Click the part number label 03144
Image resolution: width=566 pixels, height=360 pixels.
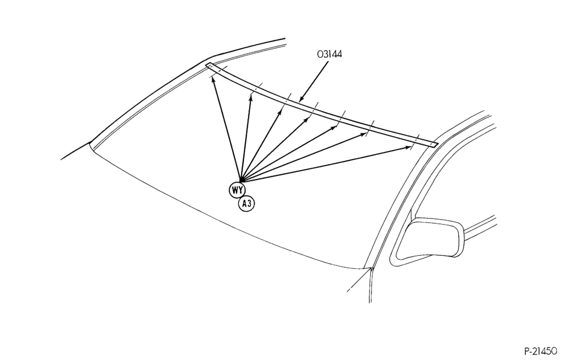[329, 54]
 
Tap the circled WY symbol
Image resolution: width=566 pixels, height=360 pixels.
[237, 190]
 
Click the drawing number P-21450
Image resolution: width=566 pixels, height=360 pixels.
[543, 351]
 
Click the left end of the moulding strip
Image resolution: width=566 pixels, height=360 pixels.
[208, 65]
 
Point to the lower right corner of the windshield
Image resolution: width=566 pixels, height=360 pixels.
[371, 269]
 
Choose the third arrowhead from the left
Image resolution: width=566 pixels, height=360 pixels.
[281, 111]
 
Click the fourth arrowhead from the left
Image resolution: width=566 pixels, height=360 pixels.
[309, 118]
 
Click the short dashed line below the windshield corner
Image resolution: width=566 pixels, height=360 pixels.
[358, 281]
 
